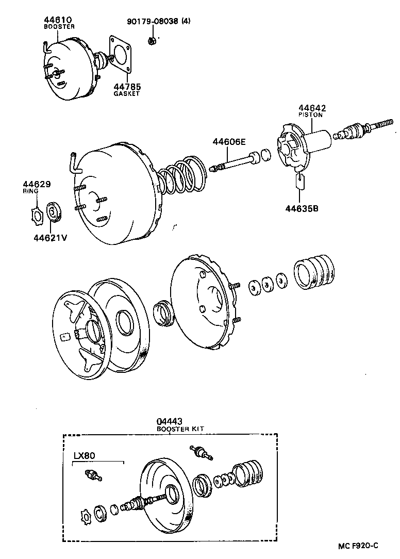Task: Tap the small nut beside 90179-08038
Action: pyautogui.click(x=152, y=40)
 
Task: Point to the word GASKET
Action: pyautogui.click(x=126, y=94)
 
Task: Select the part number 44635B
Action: pyautogui.click(x=302, y=208)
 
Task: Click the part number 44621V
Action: pyautogui.click(x=50, y=238)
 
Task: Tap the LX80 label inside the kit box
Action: pyautogui.click(x=84, y=455)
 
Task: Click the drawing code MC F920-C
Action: pyautogui.click(x=358, y=546)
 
